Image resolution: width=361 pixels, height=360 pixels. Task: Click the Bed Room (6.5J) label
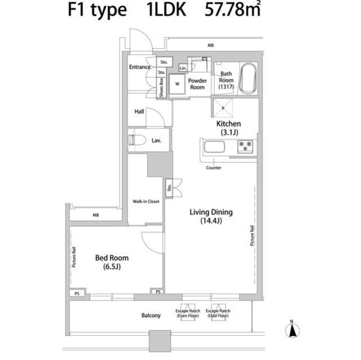(x=111, y=262)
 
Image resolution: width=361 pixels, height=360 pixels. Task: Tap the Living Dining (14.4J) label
(x=211, y=216)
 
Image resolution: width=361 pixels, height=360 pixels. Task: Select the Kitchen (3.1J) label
(x=228, y=128)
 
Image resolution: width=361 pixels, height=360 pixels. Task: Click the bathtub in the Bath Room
(x=248, y=79)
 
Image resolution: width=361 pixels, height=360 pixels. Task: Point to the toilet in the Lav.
(x=137, y=140)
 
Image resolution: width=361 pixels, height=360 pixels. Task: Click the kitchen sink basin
(x=214, y=147)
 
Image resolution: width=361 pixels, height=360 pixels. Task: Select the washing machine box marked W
(x=177, y=84)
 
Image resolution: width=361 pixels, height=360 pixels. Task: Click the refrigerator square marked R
(x=223, y=107)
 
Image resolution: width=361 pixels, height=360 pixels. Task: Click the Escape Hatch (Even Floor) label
(x=187, y=314)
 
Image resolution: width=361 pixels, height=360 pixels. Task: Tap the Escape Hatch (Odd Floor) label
(x=218, y=314)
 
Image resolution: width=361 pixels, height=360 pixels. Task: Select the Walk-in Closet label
(x=146, y=201)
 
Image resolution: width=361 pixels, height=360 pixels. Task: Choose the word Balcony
(x=151, y=315)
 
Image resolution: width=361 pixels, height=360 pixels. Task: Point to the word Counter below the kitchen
(x=213, y=168)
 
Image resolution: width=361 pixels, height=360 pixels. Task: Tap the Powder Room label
(x=197, y=84)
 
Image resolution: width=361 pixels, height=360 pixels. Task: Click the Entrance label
(x=139, y=67)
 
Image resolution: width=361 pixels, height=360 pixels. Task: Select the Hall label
(x=139, y=112)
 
